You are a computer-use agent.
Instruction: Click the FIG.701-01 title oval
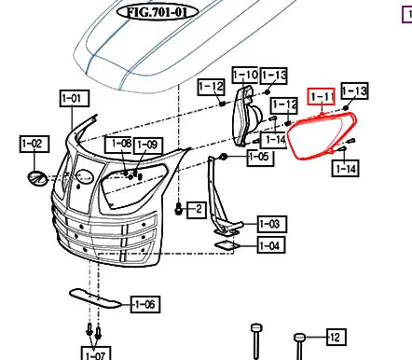click(158, 12)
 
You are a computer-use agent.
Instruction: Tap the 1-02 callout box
click(34, 144)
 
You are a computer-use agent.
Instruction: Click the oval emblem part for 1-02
click(37, 178)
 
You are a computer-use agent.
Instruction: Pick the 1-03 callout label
click(272, 224)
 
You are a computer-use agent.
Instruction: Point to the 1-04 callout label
click(272, 245)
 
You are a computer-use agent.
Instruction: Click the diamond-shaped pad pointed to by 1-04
click(227, 245)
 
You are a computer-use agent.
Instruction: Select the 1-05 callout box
click(261, 157)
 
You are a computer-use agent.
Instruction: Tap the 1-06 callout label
click(145, 304)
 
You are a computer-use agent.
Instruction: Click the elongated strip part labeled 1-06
click(94, 298)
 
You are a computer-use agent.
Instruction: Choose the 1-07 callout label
click(96, 353)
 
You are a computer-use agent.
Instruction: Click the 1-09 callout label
click(148, 145)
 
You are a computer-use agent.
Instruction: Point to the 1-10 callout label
click(245, 75)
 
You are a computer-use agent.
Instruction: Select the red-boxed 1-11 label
click(322, 97)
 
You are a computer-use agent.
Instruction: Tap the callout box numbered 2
click(197, 210)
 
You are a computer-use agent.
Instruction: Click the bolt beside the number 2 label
click(178, 208)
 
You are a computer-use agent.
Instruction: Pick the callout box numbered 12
click(336, 337)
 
